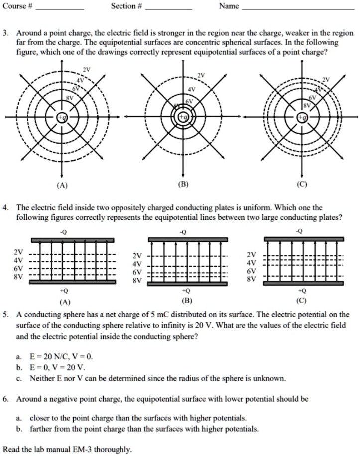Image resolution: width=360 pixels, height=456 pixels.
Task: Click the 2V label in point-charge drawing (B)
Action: [201, 75]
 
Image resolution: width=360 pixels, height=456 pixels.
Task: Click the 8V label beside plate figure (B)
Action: [137, 280]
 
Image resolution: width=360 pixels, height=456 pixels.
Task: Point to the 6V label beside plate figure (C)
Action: [251, 271]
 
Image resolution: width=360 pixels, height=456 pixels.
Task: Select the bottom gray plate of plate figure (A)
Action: [73, 282]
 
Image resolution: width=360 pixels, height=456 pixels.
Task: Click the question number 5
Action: [5, 315]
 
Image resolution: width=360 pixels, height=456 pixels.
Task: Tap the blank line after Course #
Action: [60, 9]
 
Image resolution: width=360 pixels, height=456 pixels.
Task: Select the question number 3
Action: [5, 33]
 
